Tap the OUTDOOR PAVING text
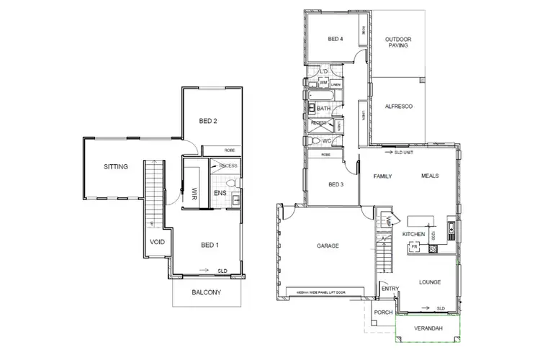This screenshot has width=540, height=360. [x=397, y=42]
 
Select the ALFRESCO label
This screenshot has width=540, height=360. [x=397, y=107]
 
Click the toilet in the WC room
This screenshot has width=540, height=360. [x=314, y=141]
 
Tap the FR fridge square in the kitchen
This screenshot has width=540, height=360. [x=414, y=246]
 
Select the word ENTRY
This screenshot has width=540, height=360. [x=391, y=289]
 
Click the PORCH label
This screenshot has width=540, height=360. [x=384, y=312]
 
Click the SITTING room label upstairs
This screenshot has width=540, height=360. [x=116, y=167]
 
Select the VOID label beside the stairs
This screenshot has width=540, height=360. [x=157, y=243]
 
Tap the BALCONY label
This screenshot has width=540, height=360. [x=206, y=292]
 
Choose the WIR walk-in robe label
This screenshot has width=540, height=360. [x=194, y=193]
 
